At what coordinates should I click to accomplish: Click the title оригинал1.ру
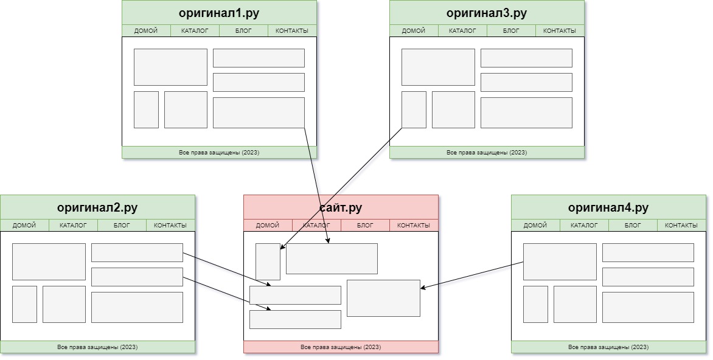pos(219,13)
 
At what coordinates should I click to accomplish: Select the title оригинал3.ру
pos(487,13)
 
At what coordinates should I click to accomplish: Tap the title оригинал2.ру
pos(97,207)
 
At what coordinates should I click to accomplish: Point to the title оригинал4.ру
pos(608,207)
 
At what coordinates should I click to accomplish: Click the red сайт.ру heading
pos(341,207)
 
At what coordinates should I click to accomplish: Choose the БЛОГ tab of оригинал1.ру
pos(243,31)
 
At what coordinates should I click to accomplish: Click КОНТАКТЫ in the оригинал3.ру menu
pos(559,31)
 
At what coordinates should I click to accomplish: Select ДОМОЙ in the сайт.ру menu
pos(268,226)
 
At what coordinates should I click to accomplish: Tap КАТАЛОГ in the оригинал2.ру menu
pos(73,226)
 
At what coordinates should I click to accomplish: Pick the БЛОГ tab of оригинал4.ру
pos(633,226)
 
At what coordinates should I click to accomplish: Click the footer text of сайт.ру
pos(341,347)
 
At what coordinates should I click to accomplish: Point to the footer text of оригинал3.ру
pos(487,153)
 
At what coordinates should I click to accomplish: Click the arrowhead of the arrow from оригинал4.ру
pos(423,287)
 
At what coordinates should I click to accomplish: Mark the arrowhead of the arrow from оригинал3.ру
pos(282,247)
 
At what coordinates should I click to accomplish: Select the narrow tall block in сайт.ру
pos(268,262)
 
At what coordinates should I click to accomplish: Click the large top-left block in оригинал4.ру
pos(560,262)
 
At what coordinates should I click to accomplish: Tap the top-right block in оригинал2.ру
pos(137,253)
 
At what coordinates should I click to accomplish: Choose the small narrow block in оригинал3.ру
pos(414,109)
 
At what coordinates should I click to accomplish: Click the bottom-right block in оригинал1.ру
pos(259,112)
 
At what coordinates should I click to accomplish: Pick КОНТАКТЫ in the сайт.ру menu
pos(413,226)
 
